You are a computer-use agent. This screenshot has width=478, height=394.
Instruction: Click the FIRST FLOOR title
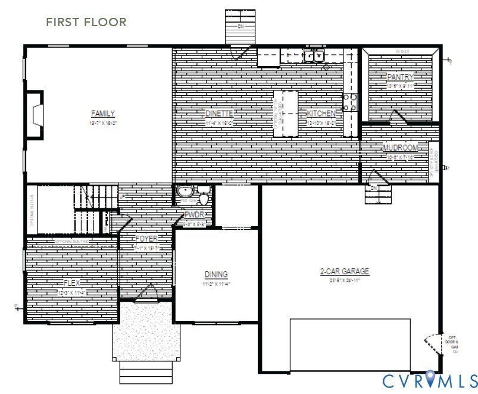point(86,22)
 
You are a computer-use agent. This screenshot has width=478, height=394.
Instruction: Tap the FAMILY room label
point(102,113)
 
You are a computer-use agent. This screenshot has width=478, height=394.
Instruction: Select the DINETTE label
point(219,113)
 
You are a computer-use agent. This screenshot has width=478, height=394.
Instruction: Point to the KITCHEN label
point(321,113)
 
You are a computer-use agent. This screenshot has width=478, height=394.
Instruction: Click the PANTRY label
point(400,77)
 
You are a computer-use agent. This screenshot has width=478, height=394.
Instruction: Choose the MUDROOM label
point(400,148)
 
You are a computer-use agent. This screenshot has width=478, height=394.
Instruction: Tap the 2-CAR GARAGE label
point(345,271)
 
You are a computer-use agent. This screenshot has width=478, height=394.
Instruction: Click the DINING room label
point(216,274)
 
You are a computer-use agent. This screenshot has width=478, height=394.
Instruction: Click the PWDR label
point(194,215)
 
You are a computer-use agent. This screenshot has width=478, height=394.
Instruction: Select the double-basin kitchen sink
point(314,57)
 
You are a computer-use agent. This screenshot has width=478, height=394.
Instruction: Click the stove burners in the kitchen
point(349,102)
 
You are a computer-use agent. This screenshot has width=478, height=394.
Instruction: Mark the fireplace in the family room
point(36,114)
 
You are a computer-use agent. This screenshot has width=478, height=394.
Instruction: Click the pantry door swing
point(398,117)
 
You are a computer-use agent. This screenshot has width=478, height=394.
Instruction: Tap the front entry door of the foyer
point(147,293)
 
